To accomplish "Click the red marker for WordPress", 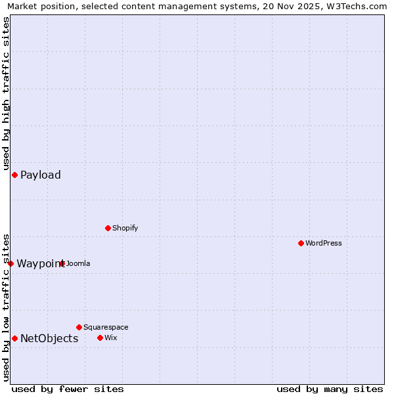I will coord(301,243).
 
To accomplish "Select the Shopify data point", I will coord(108,228).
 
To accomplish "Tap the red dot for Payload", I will coord(14,175).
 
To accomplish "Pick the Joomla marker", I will coord(62,263).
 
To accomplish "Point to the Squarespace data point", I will coord(79,327).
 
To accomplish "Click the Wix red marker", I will coord(100,338).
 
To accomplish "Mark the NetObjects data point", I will coord(14,338).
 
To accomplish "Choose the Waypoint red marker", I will coord(11,263).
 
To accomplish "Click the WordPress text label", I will coord(324,243).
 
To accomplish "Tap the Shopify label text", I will coord(125,228).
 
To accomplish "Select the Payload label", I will coord(41,175).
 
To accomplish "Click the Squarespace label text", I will coord(106,327).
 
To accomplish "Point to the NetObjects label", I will coord(49,339).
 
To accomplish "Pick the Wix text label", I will coord(110,338).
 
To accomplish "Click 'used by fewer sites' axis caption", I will coord(68,389).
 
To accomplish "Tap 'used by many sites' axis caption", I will coord(330,389).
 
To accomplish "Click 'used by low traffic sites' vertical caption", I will coord(6,307).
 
